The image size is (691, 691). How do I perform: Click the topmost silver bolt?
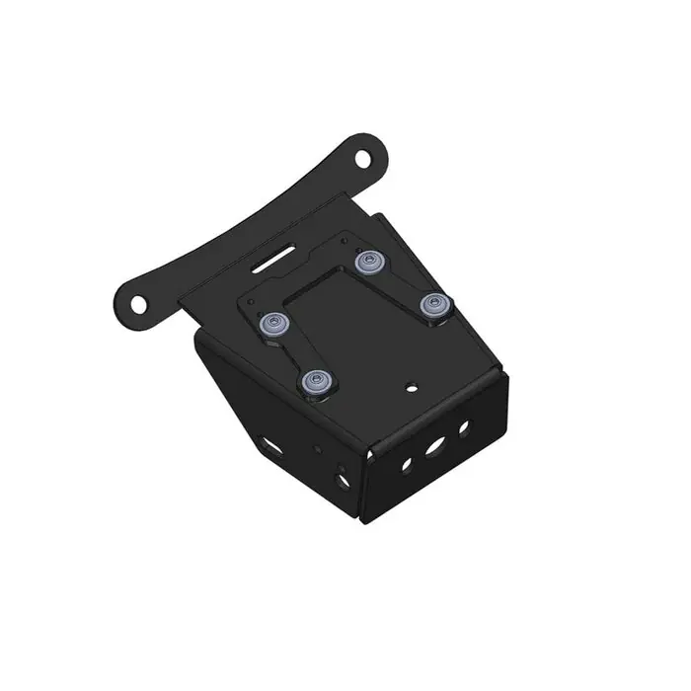370,262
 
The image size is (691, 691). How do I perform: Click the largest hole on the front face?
433,447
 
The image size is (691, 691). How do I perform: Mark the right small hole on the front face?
462,427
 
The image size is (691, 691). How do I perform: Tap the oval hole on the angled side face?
269,443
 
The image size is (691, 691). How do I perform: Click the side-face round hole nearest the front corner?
343,479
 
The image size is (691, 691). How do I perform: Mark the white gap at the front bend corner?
367,456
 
